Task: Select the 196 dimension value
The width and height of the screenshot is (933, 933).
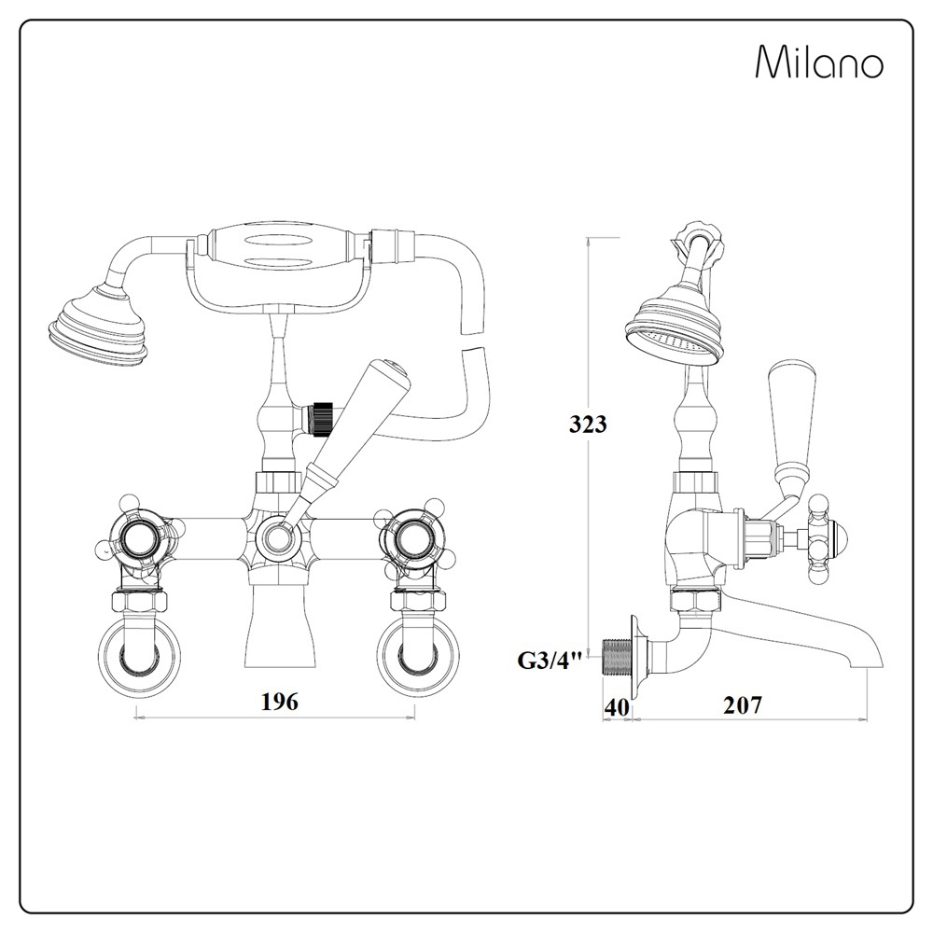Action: pos(279,702)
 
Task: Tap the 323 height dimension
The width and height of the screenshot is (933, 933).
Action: pos(588,424)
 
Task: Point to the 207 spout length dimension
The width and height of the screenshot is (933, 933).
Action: pos(743,705)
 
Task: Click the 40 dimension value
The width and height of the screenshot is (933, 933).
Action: pos(616,706)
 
